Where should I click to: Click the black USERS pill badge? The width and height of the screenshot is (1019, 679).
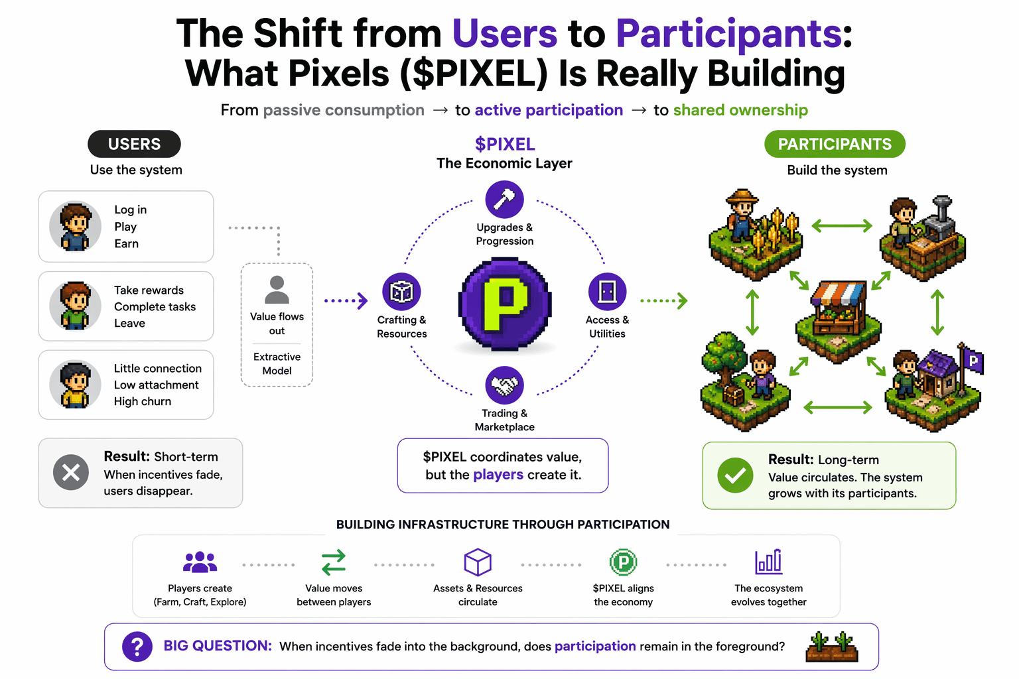click(x=134, y=144)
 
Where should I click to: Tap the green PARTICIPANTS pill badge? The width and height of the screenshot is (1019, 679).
click(x=835, y=144)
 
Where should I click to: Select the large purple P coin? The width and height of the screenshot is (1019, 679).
click(x=505, y=304)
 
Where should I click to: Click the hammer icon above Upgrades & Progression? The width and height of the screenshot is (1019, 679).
click(x=504, y=199)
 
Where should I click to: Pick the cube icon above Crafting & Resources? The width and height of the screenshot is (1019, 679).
click(x=401, y=292)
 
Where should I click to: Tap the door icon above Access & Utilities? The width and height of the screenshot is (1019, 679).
click(x=607, y=292)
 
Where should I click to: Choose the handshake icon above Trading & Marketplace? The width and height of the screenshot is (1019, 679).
click(x=504, y=385)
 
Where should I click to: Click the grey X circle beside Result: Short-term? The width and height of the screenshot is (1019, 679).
click(x=71, y=472)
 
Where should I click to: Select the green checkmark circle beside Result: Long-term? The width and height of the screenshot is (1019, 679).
click(x=735, y=475)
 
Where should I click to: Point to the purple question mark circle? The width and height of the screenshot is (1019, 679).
click(x=137, y=646)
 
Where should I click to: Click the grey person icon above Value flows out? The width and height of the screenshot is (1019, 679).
click(x=277, y=290)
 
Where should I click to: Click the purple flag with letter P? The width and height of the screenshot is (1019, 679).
click(x=972, y=361)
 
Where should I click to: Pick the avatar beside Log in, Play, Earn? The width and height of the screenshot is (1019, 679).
click(x=75, y=226)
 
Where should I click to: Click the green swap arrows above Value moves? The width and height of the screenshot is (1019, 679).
click(x=333, y=562)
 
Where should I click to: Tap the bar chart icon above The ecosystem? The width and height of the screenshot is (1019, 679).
click(x=768, y=562)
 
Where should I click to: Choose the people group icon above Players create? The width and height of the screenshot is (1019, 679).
click(x=200, y=562)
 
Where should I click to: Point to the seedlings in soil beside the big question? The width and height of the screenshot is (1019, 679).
click(x=832, y=647)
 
